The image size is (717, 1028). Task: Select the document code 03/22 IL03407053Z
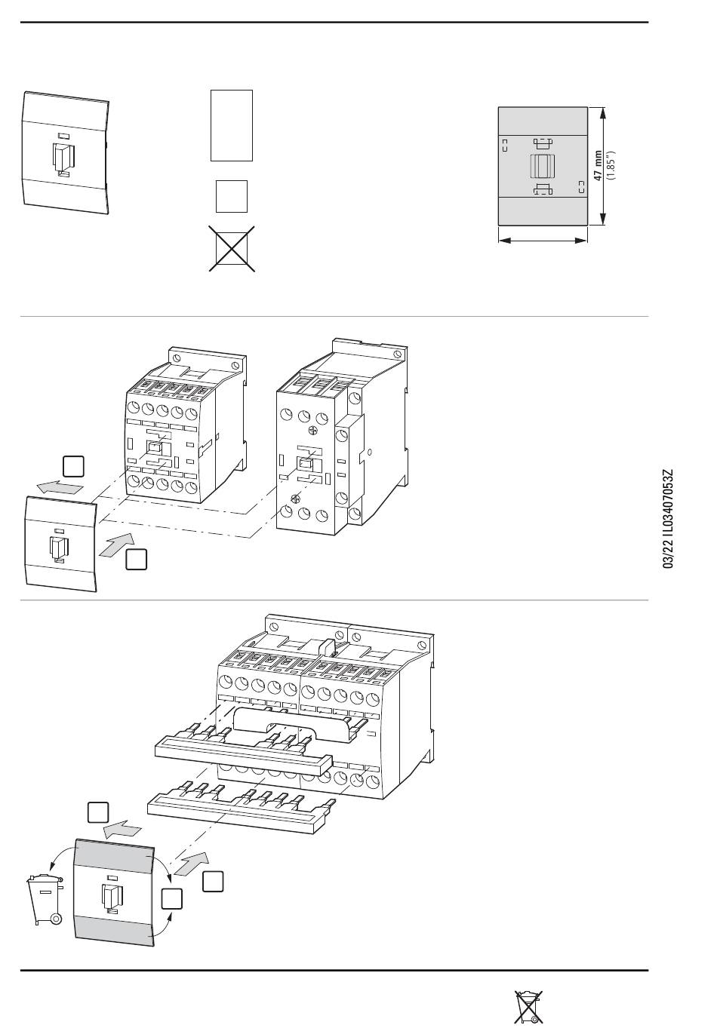click(668, 520)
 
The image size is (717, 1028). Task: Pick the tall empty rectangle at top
click(231, 125)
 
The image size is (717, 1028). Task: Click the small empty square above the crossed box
click(231, 196)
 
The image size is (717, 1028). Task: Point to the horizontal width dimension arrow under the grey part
click(543, 241)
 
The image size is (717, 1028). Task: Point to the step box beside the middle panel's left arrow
click(72, 466)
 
